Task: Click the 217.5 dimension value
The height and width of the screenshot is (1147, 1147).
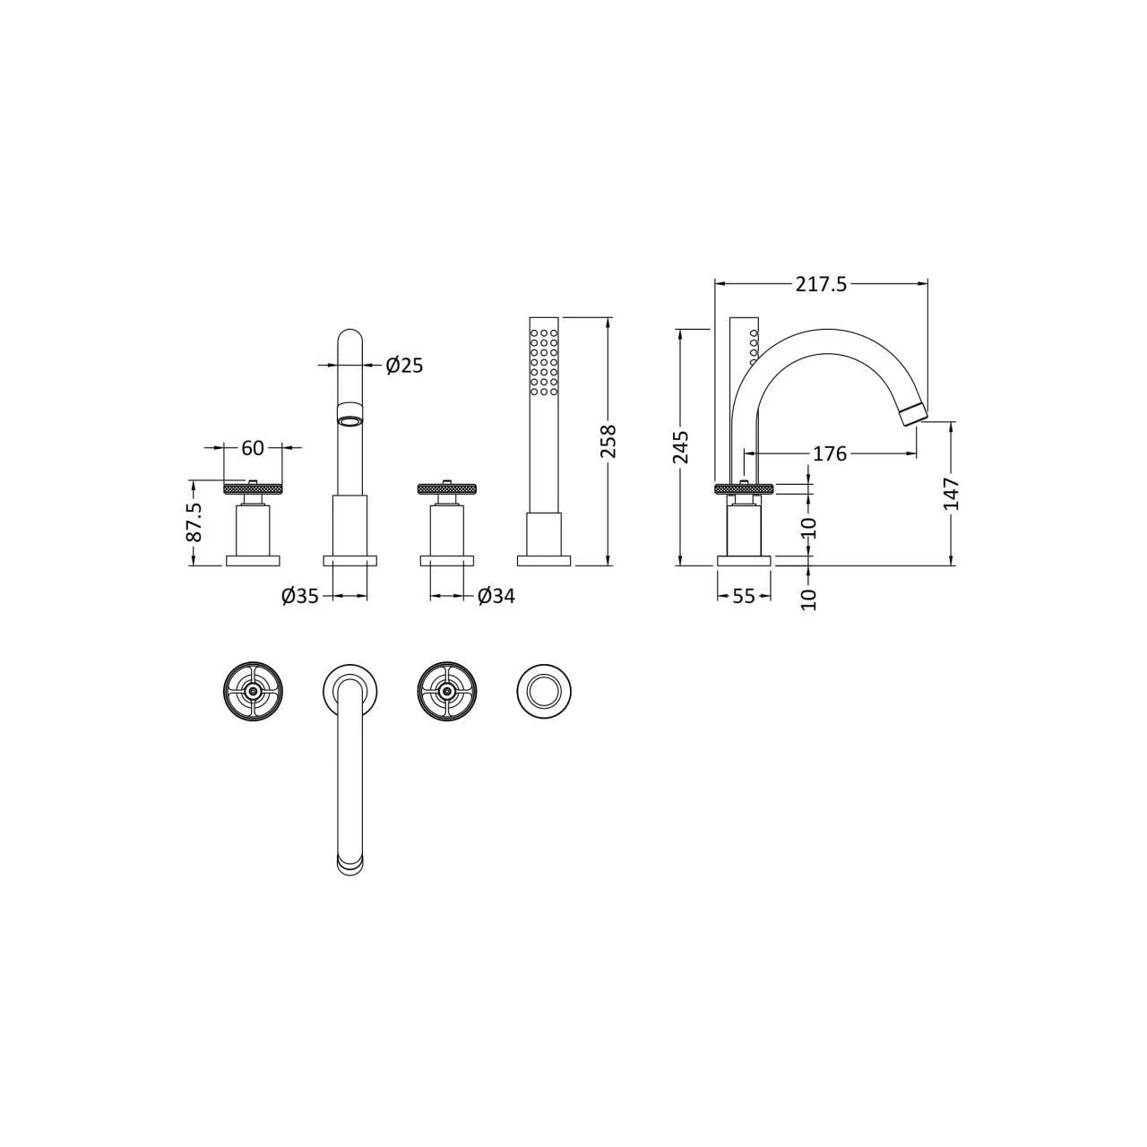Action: tap(820, 284)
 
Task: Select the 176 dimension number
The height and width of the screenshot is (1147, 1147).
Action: tap(829, 453)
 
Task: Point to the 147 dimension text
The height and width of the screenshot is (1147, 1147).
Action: tap(951, 494)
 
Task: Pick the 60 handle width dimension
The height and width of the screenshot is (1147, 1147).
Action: tap(253, 447)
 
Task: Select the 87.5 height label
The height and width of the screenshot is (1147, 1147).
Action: tap(194, 522)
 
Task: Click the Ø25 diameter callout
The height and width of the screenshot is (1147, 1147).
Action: tap(404, 365)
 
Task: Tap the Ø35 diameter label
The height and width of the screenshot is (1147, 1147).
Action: tap(300, 596)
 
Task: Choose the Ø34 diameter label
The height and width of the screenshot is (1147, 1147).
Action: tap(496, 596)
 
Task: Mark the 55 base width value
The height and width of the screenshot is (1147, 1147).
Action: tap(744, 596)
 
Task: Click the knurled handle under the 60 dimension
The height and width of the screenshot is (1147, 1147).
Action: tap(253, 488)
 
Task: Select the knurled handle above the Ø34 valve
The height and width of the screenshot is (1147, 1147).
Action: tap(447, 488)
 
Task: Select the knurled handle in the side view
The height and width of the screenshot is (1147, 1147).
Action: tap(743, 488)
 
